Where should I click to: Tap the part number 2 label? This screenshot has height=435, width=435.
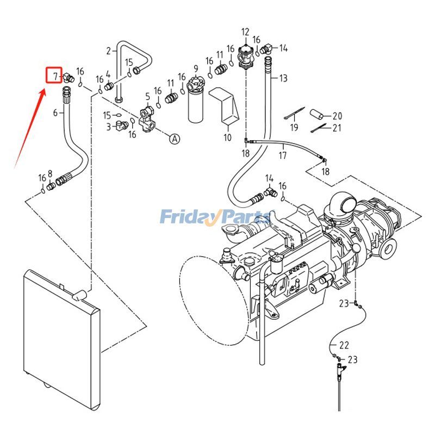tap(108, 51)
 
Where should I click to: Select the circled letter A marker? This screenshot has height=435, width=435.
tap(175, 139)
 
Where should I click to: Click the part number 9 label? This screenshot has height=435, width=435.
tap(196, 69)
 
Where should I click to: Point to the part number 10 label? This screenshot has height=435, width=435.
tap(227, 138)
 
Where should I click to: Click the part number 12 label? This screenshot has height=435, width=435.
tap(245, 32)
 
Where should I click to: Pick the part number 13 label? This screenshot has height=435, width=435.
tap(283, 78)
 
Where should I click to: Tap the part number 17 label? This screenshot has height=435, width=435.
tap(283, 156)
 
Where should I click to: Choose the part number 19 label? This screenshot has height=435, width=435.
tap(294, 128)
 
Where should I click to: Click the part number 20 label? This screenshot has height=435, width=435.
tap(337, 116)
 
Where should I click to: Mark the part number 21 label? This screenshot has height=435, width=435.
tap(337, 128)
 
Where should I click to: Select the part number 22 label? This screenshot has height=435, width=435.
tap(344, 345)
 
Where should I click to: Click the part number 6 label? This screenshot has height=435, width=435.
tap(55, 113)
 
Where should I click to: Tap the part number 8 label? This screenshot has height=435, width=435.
tap(50, 174)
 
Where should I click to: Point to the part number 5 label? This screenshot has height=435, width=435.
tap(147, 97)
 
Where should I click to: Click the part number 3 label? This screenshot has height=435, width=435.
tap(109, 126)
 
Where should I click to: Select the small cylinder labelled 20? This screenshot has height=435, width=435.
tap(316, 115)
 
